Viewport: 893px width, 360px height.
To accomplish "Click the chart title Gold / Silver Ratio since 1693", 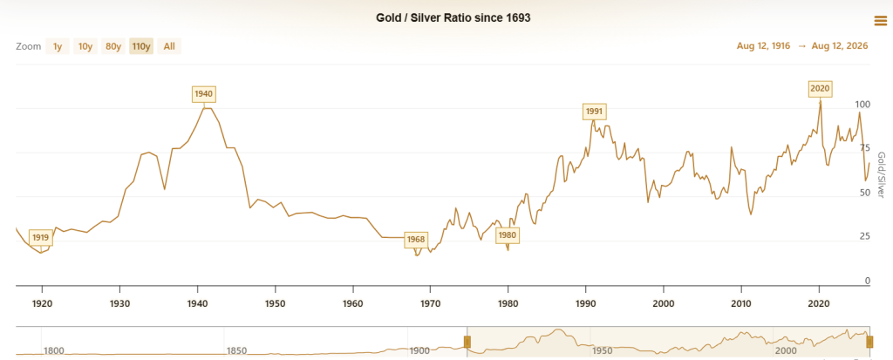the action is coord(453,17).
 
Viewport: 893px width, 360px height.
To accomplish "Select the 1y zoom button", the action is coord(58,46).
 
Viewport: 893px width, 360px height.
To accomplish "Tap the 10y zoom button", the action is coord(85,46).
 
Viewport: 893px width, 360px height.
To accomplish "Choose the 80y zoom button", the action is coord(113,46).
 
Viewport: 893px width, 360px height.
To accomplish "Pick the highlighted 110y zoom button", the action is coord(141,46).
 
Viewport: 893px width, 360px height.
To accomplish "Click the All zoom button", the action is coord(169,46).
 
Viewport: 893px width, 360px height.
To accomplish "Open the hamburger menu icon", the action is coord(880,21).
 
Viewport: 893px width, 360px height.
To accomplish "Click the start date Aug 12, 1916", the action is coord(763,46).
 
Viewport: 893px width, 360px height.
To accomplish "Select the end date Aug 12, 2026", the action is coord(842,46).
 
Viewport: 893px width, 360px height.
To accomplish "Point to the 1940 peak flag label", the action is coord(204,93).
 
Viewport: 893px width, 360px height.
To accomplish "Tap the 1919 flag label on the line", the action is coord(40,238).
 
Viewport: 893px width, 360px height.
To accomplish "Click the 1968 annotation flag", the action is coord(416,239).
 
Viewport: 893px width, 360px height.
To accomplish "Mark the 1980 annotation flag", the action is coord(508,235).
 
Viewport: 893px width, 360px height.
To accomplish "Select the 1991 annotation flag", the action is coord(595,111).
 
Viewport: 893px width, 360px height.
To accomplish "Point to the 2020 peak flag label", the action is coord(820,89).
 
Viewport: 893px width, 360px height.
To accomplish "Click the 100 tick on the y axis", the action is coord(864,105).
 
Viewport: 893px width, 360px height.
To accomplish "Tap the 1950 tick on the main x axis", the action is coord(275,303).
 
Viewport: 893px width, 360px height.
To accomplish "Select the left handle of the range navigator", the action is coord(467,342).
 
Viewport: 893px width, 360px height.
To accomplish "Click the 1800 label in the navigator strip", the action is coord(53,350).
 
